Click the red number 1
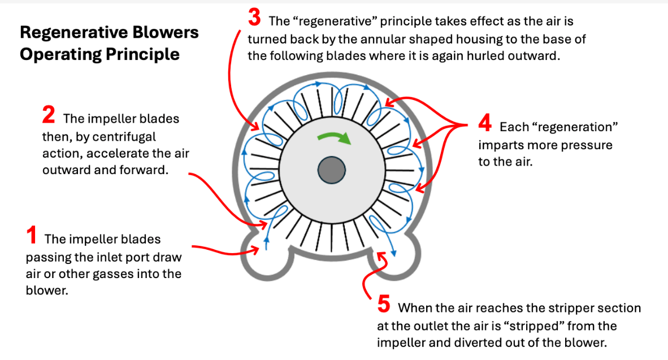click(x=32, y=235)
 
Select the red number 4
click(x=485, y=123)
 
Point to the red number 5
click(x=384, y=304)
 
